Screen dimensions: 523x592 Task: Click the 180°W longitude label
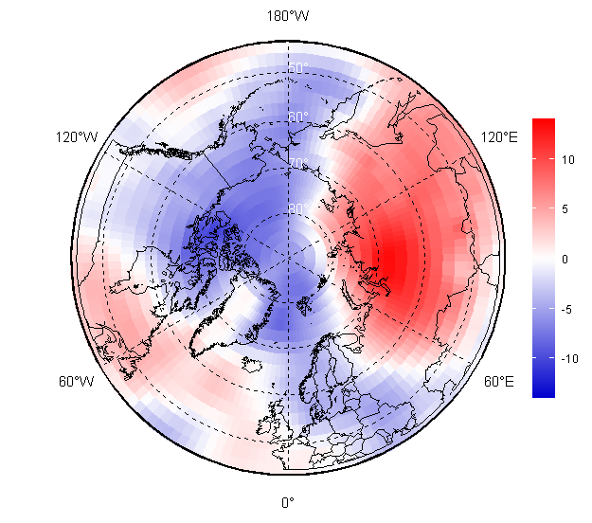pyautogui.click(x=288, y=16)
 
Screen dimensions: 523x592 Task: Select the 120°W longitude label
pyautogui.click(x=77, y=137)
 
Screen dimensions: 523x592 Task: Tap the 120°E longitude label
pyautogui.click(x=499, y=137)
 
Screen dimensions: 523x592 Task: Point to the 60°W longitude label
pyautogui.click(x=77, y=382)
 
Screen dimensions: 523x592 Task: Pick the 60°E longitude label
pyautogui.click(x=499, y=382)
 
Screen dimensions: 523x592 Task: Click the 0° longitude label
pyautogui.click(x=288, y=502)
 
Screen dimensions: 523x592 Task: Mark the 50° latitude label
pyautogui.click(x=298, y=68)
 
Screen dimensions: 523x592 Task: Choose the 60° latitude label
pyautogui.click(x=298, y=117)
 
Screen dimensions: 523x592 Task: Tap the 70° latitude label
pyautogui.click(x=298, y=164)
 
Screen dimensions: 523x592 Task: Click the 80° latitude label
pyautogui.click(x=298, y=209)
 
